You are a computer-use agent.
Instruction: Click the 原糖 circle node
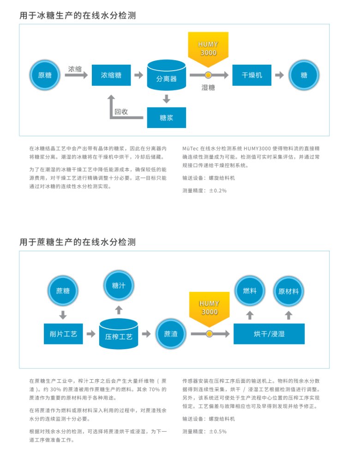(x=45, y=75)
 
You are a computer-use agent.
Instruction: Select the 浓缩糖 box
(x=112, y=75)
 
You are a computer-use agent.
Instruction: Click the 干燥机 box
(x=252, y=75)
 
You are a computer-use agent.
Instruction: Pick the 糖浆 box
(x=166, y=117)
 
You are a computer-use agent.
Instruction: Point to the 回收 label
(x=121, y=112)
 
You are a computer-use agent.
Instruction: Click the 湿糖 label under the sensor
(x=208, y=87)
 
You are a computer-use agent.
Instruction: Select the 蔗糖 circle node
(x=63, y=291)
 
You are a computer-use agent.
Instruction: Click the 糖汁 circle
(x=119, y=285)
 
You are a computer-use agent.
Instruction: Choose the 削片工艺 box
(x=63, y=333)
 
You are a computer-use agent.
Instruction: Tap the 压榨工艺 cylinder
(x=119, y=334)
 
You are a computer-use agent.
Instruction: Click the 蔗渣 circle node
(x=171, y=333)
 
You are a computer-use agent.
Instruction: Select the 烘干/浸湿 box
(x=269, y=333)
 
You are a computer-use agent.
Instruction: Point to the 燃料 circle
(x=250, y=291)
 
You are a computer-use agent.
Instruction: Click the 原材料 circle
(x=288, y=291)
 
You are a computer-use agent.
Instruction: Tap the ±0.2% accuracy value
(x=218, y=190)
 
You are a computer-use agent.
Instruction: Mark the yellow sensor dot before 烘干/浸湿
(x=209, y=333)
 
